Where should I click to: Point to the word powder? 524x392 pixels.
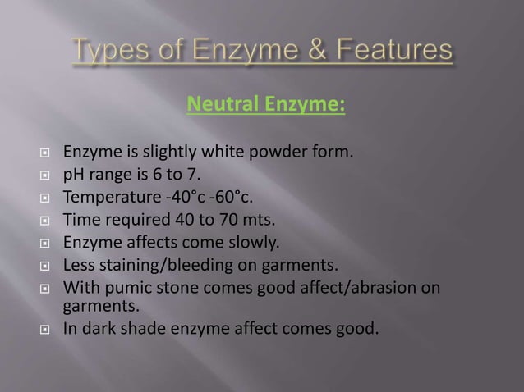269,152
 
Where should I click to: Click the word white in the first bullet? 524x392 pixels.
218,152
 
